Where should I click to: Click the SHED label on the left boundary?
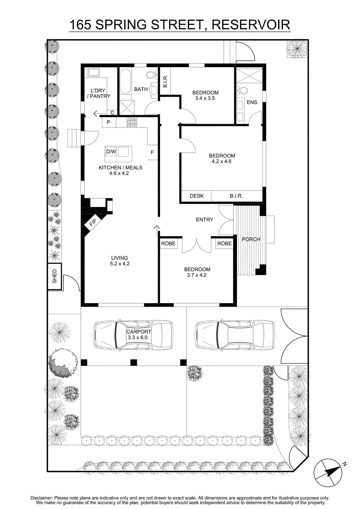click(x=54, y=276)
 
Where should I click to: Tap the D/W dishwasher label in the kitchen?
click(x=111, y=151)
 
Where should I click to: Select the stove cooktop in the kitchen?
click(x=132, y=122)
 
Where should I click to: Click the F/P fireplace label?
click(x=93, y=223)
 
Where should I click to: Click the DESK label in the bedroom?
click(x=197, y=196)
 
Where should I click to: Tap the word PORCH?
click(x=251, y=239)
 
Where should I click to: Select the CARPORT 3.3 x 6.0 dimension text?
click(x=138, y=338)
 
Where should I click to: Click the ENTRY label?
click(x=204, y=220)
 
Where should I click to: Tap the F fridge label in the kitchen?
click(x=152, y=152)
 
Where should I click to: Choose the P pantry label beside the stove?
click(x=109, y=122)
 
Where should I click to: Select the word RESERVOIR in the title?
click(x=251, y=25)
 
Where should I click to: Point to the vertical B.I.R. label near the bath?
click(x=165, y=81)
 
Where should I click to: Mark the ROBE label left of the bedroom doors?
click(x=168, y=244)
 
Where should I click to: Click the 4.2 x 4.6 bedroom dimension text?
click(x=222, y=162)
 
